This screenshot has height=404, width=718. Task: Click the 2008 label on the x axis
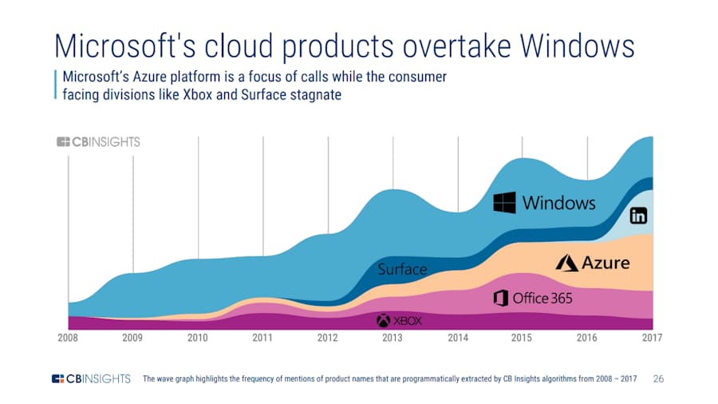tap(68, 338)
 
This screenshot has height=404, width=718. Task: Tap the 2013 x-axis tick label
tap(393, 338)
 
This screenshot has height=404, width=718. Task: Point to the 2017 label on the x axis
tap(652, 338)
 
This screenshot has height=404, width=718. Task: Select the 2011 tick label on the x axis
tap(262, 338)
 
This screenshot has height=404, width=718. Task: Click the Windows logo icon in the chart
tap(505, 203)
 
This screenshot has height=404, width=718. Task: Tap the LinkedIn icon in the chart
tap(638, 216)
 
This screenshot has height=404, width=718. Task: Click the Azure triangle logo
tap(567, 263)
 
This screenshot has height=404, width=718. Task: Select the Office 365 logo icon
tap(501, 298)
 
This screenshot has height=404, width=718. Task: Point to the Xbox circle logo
tap(383, 321)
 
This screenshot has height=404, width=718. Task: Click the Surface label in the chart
tap(402, 269)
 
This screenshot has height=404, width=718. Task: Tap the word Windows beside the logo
tap(558, 203)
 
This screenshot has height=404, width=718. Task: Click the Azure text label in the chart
tap(606, 263)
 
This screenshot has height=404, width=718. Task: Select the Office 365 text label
tap(542, 299)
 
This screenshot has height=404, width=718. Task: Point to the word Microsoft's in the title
tap(125, 46)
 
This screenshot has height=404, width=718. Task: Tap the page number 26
tap(658, 378)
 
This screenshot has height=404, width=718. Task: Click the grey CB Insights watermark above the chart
tap(98, 142)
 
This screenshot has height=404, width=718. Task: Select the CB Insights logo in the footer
tap(91, 378)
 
